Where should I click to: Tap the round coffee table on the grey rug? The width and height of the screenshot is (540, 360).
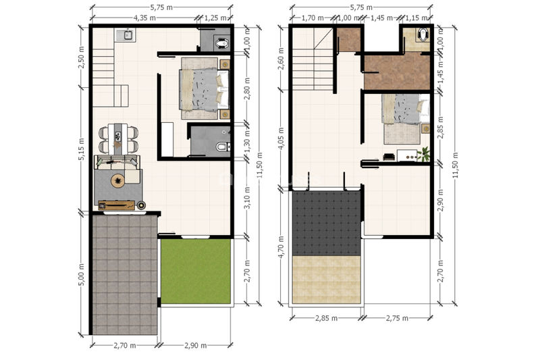[x=118, y=180]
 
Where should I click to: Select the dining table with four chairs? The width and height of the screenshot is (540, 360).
[x=118, y=139]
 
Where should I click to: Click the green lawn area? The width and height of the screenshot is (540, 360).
[x=196, y=272]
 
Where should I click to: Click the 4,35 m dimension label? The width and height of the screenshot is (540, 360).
[x=144, y=18]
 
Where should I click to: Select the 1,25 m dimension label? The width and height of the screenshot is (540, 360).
[x=215, y=18]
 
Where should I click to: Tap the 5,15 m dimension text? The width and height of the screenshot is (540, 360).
[x=81, y=149]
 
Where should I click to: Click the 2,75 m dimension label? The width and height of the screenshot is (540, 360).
[x=397, y=318]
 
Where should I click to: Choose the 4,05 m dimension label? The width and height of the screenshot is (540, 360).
[x=281, y=138]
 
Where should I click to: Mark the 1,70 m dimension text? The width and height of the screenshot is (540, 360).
[x=313, y=18]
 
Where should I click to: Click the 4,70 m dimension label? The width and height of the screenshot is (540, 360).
[x=281, y=247]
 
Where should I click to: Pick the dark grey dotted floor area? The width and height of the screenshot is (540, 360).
[x=326, y=223]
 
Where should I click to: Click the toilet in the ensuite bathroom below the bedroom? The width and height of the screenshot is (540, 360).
[x=223, y=147]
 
